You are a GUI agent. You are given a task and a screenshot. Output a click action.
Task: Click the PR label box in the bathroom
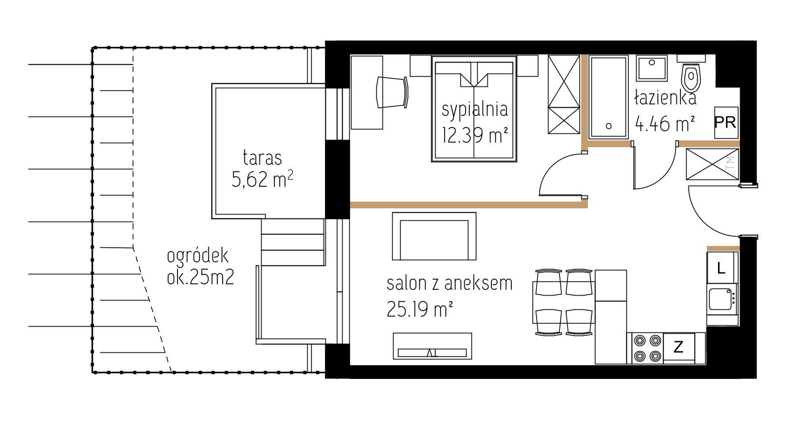pos(726,123)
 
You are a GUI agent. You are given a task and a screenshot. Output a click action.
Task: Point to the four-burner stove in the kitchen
pos(647,348)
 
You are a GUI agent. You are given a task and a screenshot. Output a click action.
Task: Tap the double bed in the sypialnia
pos(474,109)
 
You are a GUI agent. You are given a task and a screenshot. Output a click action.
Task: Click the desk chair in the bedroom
pos(392,92)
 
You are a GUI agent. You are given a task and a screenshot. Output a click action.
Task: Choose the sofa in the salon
pos(434,236)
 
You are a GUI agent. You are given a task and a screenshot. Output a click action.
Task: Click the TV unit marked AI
pos(432,347)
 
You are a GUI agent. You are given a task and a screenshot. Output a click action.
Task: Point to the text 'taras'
pos(263,158)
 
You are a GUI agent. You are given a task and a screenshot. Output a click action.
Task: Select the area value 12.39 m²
pos(475,135)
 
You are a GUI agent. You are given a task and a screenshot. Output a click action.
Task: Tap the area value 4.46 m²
pos(664,124)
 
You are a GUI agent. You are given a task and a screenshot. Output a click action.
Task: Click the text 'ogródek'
pos(198,257)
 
